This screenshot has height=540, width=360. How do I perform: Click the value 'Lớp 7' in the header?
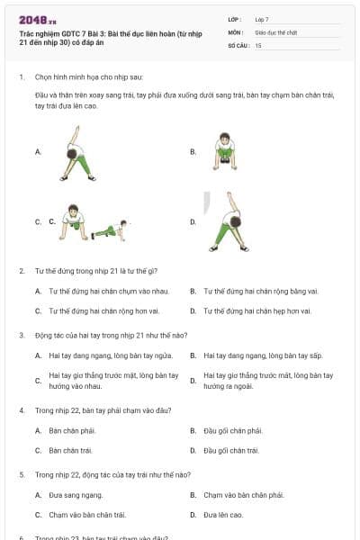(262, 18)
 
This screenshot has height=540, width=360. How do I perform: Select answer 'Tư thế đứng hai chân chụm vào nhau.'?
(108, 292)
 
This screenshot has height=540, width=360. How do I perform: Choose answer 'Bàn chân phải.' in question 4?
(72, 430)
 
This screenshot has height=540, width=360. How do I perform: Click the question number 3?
(22, 335)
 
